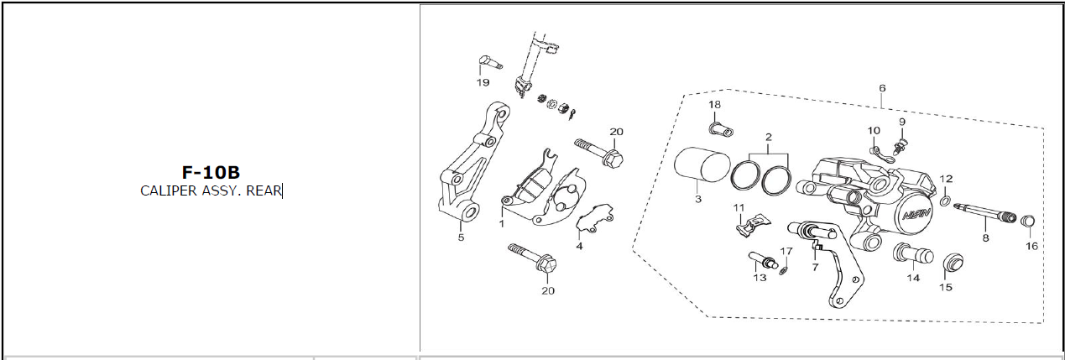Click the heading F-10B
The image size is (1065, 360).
211,172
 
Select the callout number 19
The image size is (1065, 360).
483,83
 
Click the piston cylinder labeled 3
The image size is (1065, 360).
702,170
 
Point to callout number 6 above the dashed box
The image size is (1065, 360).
882,88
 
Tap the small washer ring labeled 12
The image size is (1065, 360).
946,201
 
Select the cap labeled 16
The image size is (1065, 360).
1028,222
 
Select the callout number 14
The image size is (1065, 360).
913,279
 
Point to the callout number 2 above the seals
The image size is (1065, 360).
769,138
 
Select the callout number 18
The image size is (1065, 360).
714,105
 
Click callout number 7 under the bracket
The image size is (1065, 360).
816,267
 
